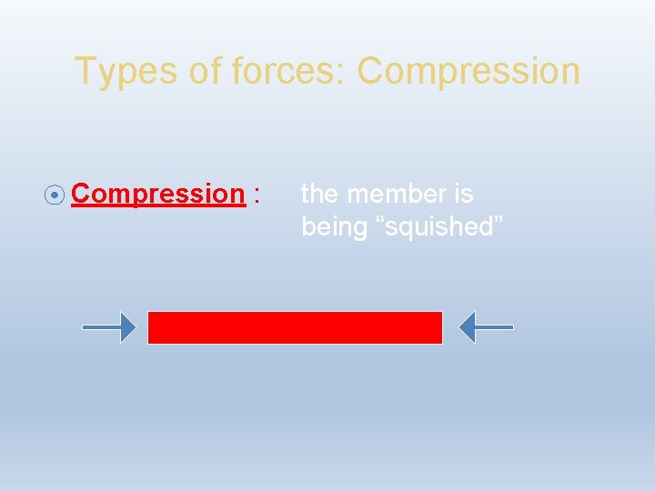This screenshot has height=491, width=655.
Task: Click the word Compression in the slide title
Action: (x=469, y=71)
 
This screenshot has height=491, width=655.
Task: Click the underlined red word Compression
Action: (x=158, y=194)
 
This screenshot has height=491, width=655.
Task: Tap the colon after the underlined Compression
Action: (x=258, y=195)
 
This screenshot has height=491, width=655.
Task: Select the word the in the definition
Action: (x=321, y=194)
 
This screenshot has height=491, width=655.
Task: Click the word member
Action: (x=398, y=194)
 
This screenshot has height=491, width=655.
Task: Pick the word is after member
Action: (x=463, y=194)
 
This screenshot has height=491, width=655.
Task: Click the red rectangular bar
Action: (x=295, y=327)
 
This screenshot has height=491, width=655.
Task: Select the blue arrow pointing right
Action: (x=108, y=327)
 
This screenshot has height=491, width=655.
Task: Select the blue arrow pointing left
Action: (x=486, y=327)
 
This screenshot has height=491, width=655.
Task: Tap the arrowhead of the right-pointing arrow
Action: (x=128, y=327)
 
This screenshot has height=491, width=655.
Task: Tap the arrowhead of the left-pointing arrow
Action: (x=467, y=327)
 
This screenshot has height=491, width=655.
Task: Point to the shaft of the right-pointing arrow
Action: (x=100, y=327)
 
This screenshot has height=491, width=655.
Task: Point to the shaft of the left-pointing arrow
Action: (x=496, y=327)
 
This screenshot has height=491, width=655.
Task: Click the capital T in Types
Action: (x=83, y=71)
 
